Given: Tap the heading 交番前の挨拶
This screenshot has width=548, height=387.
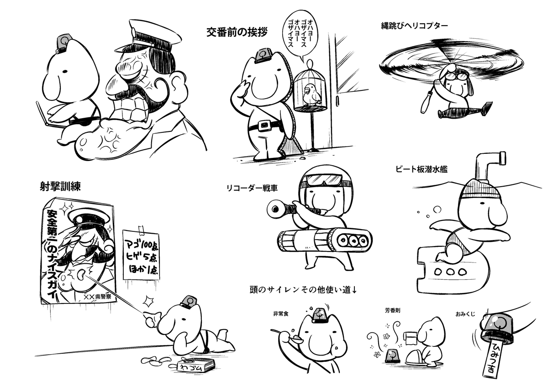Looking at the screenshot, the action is pyautogui.click(x=237, y=32).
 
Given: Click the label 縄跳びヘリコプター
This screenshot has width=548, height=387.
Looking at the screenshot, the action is pyautogui.click(x=415, y=26).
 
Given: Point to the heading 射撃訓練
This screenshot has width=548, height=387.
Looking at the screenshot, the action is pyautogui.click(x=60, y=187).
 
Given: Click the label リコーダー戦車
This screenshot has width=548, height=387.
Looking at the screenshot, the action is pyautogui.click(x=252, y=188).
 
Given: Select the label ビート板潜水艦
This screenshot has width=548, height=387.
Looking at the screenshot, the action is pyautogui.click(x=422, y=169).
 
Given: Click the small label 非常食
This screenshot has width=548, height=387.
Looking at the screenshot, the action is pyautogui.click(x=280, y=314).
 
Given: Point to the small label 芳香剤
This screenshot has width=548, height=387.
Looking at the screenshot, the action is pyautogui.click(x=392, y=310).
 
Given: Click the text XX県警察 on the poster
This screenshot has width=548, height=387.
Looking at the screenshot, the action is pyautogui.click(x=97, y=297).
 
